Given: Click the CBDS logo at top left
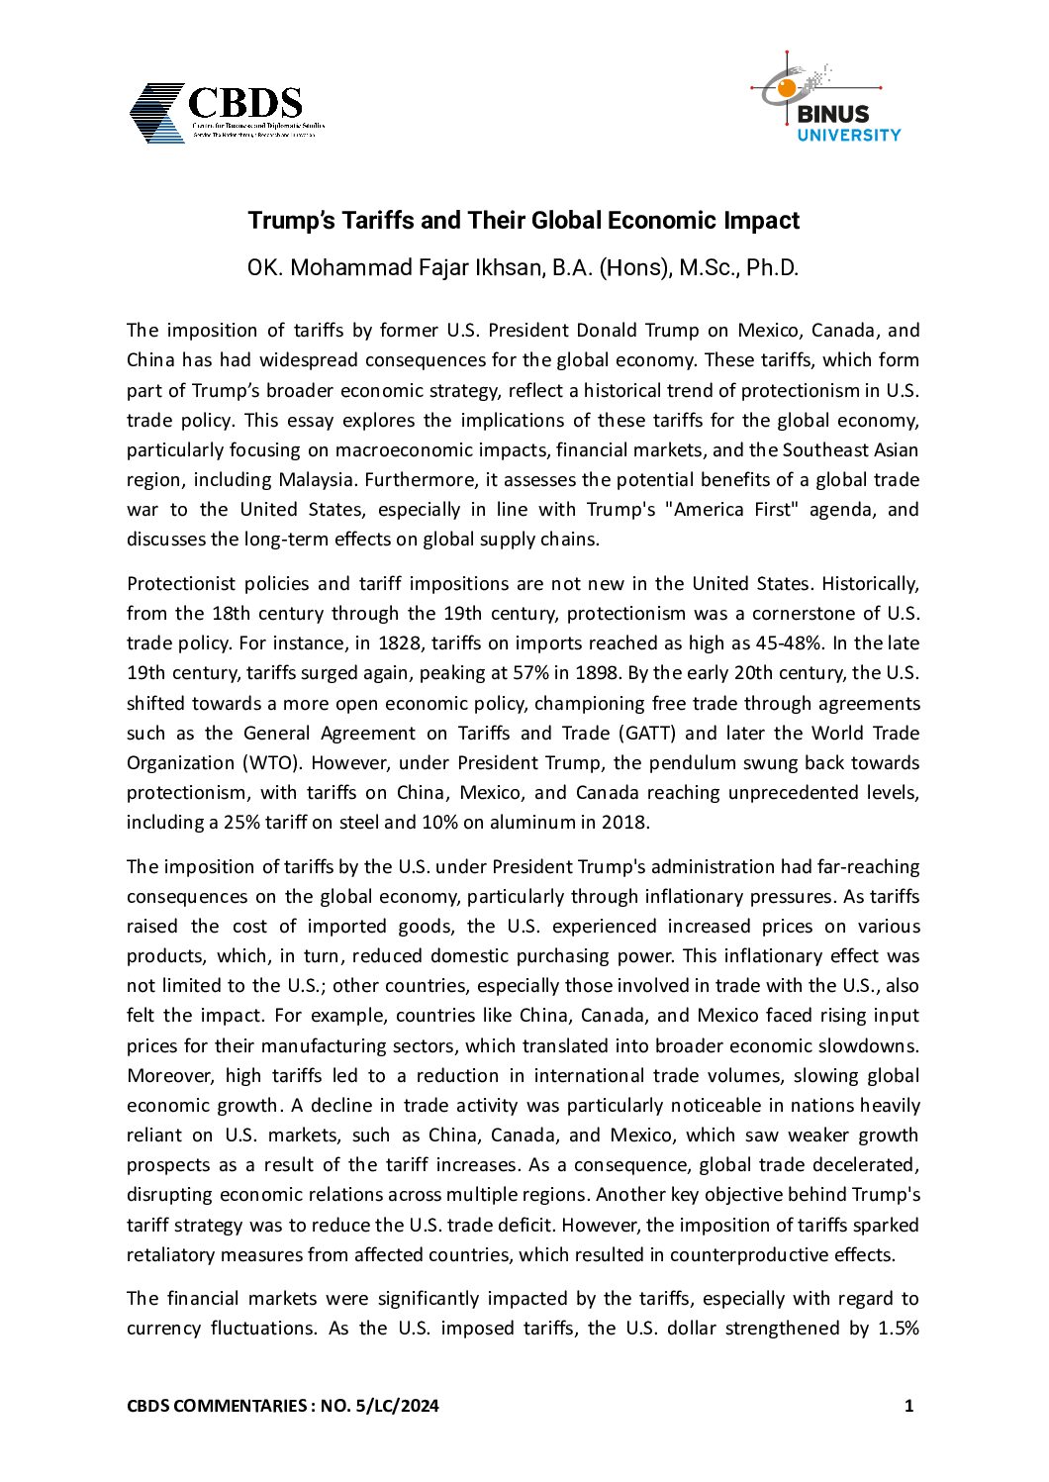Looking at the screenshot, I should point(226,113).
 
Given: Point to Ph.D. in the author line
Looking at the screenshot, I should point(772,268).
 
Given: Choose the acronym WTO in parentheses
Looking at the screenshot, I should point(264,763).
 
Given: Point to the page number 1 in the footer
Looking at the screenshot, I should point(908,1406).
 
